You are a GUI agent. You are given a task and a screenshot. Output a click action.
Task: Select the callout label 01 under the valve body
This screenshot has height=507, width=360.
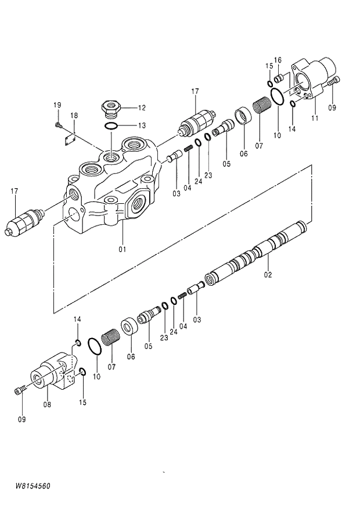(x=123, y=250)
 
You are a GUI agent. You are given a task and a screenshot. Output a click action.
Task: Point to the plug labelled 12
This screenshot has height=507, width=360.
(x=111, y=107)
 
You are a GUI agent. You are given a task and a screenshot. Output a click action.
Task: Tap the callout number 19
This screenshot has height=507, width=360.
(x=57, y=105)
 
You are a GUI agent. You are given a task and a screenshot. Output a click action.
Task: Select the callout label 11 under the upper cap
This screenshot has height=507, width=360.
(x=315, y=118)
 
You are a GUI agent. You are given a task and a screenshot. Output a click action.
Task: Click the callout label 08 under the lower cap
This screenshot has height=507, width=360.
(x=47, y=404)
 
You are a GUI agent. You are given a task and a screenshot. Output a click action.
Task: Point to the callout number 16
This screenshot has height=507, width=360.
(x=278, y=60)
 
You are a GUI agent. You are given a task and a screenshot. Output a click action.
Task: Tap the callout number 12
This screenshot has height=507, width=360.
(x=142, y=107)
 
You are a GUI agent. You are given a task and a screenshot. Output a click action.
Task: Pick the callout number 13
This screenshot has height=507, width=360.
(x=142, y=125)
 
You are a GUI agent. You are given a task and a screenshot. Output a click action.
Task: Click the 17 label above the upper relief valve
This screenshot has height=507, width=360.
(x=195, y=91)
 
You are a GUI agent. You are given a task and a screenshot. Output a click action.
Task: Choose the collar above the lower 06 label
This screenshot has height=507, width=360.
(x=129, y=328)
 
